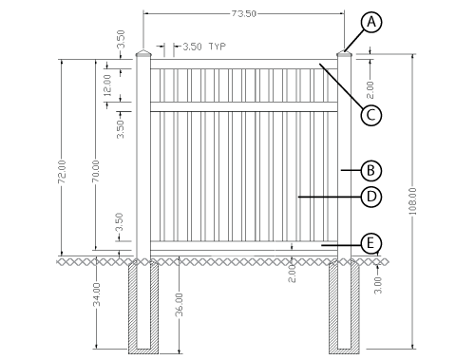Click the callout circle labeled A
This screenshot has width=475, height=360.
[x=371, y=22]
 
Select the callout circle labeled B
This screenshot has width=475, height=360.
[x=371, y=171]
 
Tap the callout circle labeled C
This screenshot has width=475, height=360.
[x=371, y=115]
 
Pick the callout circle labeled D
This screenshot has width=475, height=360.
[x=371, y=197]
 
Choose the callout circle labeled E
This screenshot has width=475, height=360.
[x=371, y=244]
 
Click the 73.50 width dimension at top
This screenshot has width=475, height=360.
[x=243, y=14]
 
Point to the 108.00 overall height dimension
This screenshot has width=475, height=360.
[x=412, y=201]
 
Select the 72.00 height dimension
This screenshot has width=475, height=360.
[x=62, y=172]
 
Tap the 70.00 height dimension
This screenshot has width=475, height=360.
[x=96, y=171]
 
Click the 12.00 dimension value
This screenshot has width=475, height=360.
[x=107, y=85]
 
